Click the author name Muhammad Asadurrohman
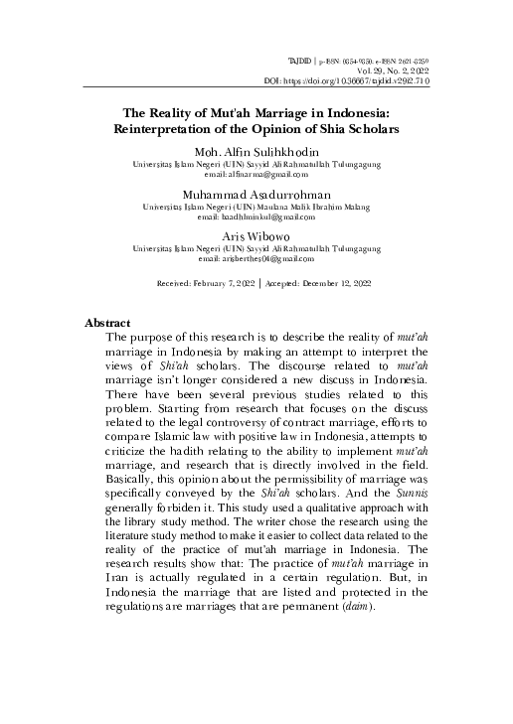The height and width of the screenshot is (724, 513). click(257, 194)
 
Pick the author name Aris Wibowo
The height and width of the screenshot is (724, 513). click(257, 237)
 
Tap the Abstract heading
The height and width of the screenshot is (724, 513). click(108, 324)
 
